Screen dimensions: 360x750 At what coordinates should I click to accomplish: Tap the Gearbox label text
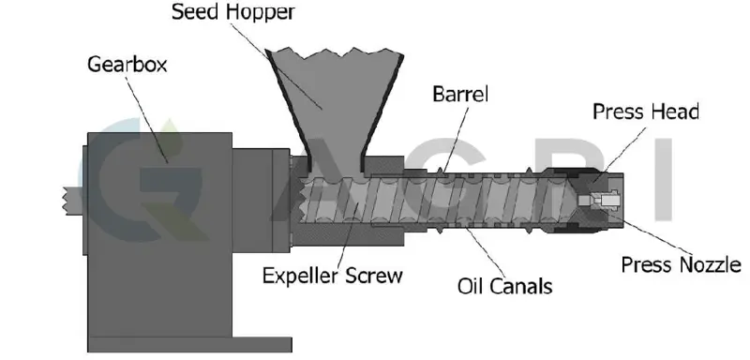121,66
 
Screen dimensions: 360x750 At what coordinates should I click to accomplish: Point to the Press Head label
645,112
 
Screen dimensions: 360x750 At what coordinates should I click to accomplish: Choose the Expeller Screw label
332,276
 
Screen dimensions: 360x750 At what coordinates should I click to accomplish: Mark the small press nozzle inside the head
598,201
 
